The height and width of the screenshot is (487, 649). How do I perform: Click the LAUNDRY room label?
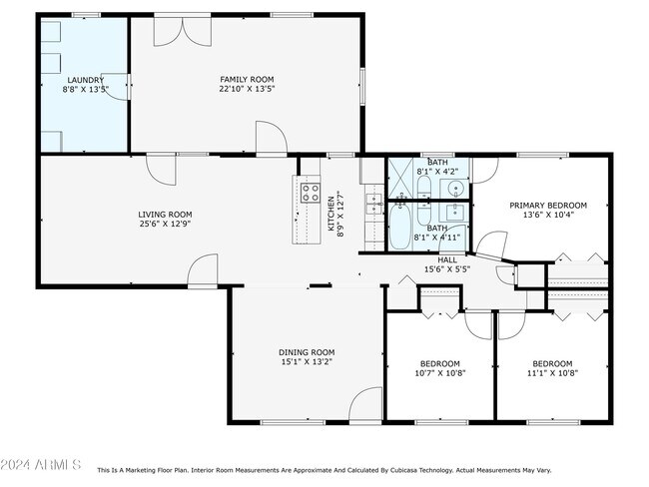pyautogui.click(x=85, y=80)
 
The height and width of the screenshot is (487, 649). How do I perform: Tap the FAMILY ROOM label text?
pyautogui.click(x=247, y=79)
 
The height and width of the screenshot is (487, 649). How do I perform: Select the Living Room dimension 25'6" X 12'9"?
pyautogui.click(x=165, y=224)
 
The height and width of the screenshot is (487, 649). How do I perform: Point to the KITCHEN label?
pyautogui.click(x=331, y=214)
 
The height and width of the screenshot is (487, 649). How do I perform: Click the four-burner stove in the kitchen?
pyautogui.click(x=311, y=193)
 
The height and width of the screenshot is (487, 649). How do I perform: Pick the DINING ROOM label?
pyautogui.click(x=307, y=352)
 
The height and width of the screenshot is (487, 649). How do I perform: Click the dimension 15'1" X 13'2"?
pyautogui.click(x=307, y=361)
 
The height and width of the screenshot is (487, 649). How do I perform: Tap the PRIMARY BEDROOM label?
pyautogui.click(x=548, y=206)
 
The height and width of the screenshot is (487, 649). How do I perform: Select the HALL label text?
pyautogui.click(x=447, y=259)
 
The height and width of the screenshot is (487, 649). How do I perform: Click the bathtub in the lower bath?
pyautogui.click(x=400, y=226)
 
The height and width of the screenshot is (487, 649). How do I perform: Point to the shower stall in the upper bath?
pyautogui.click(x=400, y=178)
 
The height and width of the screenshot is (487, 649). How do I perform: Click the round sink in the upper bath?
pyautogui.click(x=456, y=189)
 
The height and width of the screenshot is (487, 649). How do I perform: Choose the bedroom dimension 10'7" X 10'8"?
pyautogui.click(x=440, y=373)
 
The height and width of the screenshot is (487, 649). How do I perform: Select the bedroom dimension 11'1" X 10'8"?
pyautogui.click(x=552, y=373)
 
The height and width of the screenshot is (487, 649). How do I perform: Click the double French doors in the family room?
pyautogui.click(x=183, y=31)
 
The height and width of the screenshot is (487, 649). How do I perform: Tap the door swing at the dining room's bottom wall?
pyautogui.click(x=365, y=404)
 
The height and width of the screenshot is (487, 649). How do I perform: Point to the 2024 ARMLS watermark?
pyautogui.click(x=41, y=465)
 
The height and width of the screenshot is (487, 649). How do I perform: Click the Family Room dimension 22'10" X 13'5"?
pyautogui.click(x=247, y=89)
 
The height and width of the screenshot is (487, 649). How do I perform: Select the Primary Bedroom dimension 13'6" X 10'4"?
pyautogui.click(x=548, y=215)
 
